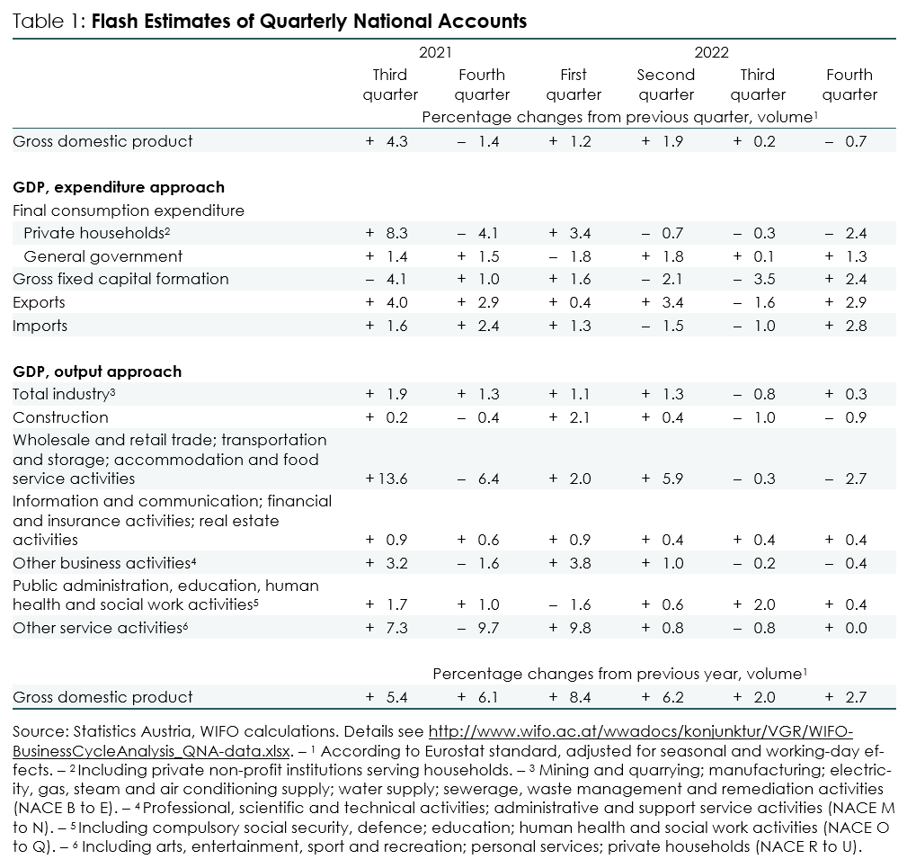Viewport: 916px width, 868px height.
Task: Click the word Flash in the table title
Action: click(x=115, y=21)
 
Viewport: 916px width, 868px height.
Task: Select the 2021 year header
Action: click(x=435, y=52)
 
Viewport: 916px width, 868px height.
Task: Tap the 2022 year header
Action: click(x=712, y=52)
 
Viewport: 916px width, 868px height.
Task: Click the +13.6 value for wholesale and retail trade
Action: click(x=387, y=479)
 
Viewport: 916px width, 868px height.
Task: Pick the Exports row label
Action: click(x=40, y=302)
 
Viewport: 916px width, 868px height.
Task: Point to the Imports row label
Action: click(x=40, y=326)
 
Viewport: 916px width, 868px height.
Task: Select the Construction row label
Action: click(x=61, y=417)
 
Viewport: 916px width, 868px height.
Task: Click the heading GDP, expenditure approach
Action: click(x=119, y=187)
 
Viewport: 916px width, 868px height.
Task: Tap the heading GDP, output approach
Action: click(x=97, y=371)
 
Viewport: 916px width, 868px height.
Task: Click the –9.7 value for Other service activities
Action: click(x=478, y=628)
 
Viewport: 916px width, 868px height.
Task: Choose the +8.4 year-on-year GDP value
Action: click(x=570, y=697)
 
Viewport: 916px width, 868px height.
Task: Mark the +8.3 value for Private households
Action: click(x=387, y=233)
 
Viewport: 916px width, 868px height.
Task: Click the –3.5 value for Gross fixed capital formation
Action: click(x=754, y=279)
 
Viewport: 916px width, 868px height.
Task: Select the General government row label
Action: click(x=103, y=256)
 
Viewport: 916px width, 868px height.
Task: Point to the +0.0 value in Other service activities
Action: click(x=846, y=628)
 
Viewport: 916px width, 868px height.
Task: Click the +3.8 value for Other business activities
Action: click(x=570, y=563)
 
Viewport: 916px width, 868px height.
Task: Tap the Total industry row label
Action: click(x=64, y=394)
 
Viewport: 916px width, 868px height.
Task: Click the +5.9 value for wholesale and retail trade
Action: click(x=663, y=479)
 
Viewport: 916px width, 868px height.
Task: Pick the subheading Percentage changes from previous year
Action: click(x=620, y=674)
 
